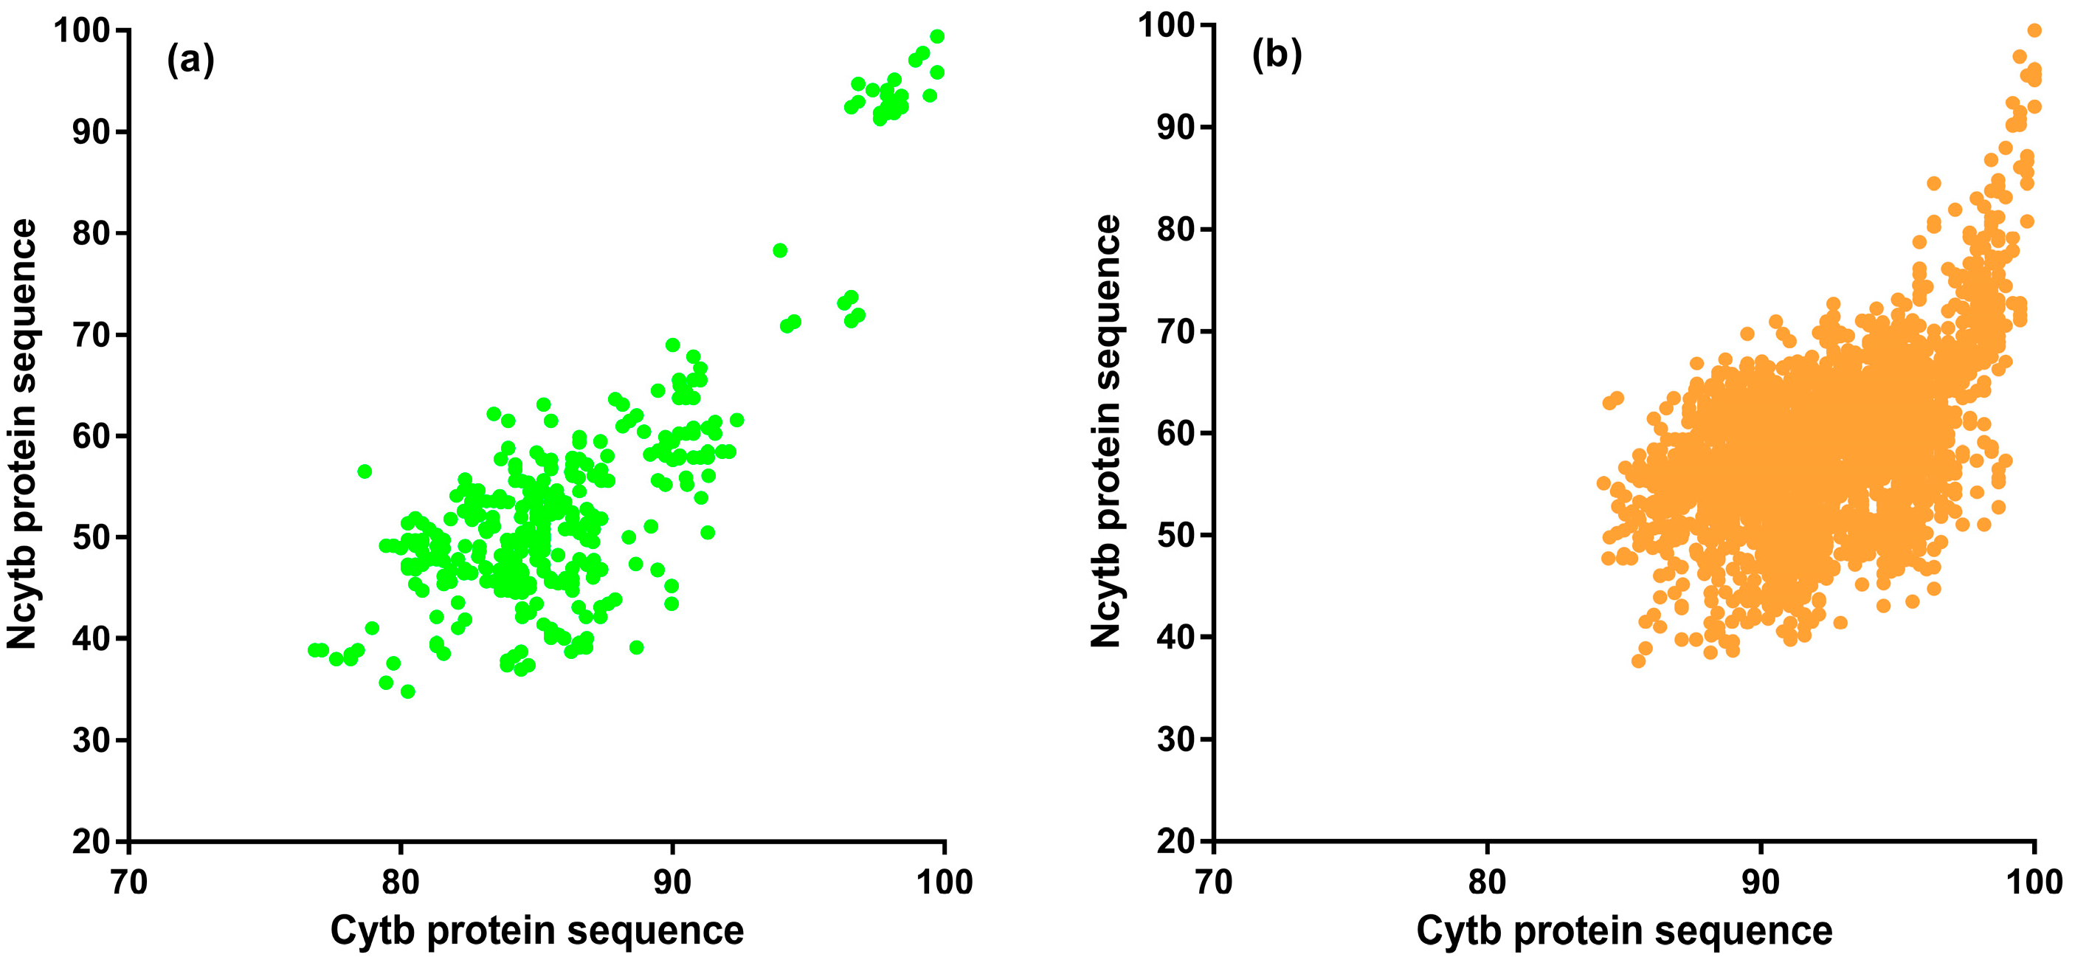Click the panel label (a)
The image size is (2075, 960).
(x=190, y=60)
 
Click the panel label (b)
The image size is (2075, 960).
(x=1276, y=55)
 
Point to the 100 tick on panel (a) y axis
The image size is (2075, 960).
(x=80, y=30)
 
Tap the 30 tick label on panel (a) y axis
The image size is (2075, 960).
(x=90, y=740)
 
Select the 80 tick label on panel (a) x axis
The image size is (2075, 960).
(x=401, y=883)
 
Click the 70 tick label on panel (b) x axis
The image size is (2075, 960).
(x=1213, y=883)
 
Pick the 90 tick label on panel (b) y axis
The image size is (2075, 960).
(x=1175, y=127)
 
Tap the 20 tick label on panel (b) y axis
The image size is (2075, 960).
(x=1175, y=842)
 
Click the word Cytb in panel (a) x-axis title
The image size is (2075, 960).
(x=371, y=931)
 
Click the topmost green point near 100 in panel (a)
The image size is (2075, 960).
(x=937, y=36)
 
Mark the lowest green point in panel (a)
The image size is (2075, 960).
(x=407, y=691)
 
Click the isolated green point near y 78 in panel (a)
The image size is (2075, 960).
(x=780, y=250)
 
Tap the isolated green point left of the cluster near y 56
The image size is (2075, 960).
(x=364, y=471)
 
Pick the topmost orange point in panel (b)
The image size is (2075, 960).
(x=2034, y=30)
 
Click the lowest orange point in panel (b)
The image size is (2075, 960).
(x=1637, y=660)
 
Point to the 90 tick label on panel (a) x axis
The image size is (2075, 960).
(x=671, y=883)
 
